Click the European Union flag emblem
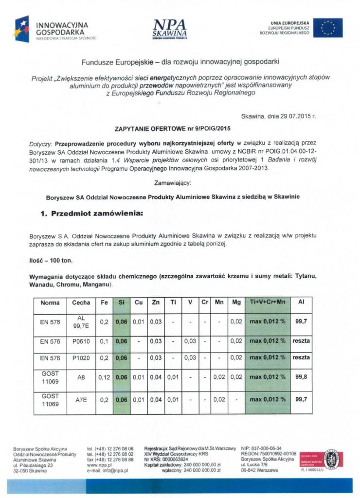click(327, 28)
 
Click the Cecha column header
click(81, 302)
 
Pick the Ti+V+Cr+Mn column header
click(268, 302)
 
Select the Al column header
click(301, 302)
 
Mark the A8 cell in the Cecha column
click(81, 377)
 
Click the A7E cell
click(81, 399)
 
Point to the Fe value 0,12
click(104, 377)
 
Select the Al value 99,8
click(301, 377)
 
